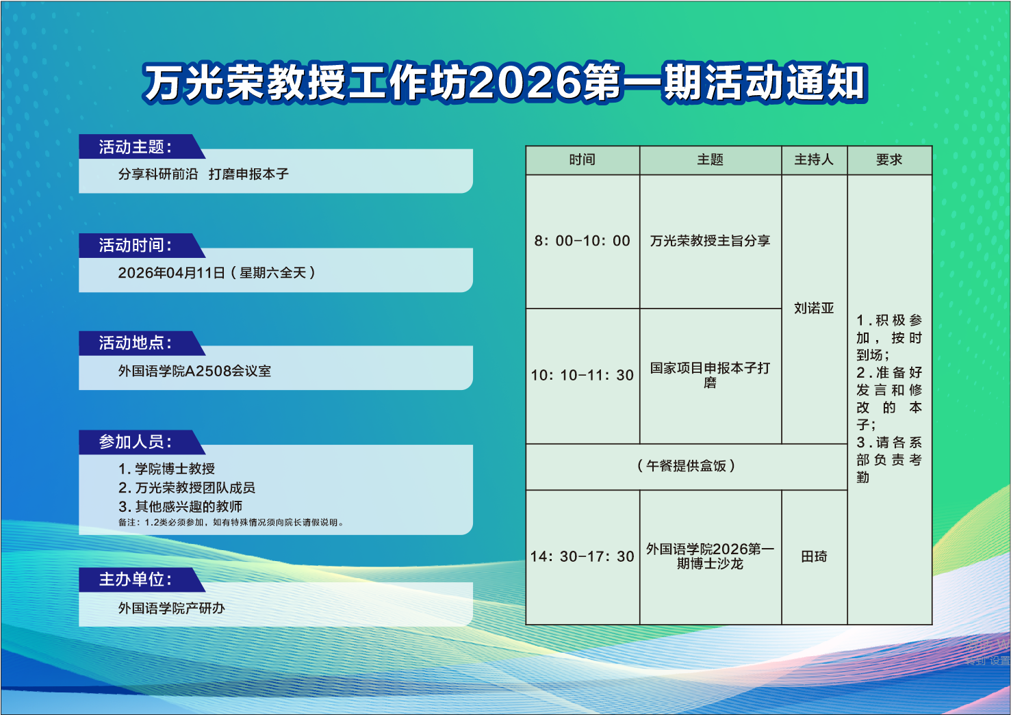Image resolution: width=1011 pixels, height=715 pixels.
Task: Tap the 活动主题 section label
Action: pyautogui.click(x=136, y=146)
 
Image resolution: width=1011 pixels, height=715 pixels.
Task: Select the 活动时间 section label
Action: pyautogui.click(x=136, y=246)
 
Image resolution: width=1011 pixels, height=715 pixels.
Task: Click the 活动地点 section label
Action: pyautogui.click(x=136, y=343)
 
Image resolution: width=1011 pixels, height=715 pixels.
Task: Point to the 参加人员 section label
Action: pyautogui.click(x=136, y=442)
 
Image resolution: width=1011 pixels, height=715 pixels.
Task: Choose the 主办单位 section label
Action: pyautogui.click(x=136, y=580)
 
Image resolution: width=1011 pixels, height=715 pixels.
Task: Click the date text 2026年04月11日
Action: pyautogui.click(x=172, y=272)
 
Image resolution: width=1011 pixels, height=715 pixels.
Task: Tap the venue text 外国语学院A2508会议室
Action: pyautogui.click(x=194, y=371)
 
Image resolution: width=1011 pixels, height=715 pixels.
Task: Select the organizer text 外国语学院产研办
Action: pyautogui.click(x=172, y=608)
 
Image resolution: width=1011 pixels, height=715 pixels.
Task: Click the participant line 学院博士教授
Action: pyautogui.click(x=166, y=469)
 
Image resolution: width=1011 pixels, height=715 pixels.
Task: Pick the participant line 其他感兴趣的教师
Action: pyautogui.click(x=181, y=506)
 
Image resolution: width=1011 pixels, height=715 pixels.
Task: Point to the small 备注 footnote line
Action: pyautogui.click(x=231, y=522)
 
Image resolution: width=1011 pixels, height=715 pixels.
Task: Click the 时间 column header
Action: pyautogui.click(x=583, y=159)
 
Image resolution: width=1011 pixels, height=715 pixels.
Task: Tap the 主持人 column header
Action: pyautogui.click(x=814, y=159)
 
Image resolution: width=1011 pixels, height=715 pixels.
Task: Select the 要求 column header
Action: pyautogui.click(x=889, y=159)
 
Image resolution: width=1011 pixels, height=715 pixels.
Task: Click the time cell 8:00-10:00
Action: pyautogui.click(x=583, y=241)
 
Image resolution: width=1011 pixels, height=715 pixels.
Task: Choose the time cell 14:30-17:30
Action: pyautogui.click(x=583, y=557)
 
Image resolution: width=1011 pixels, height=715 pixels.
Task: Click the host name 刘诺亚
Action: pyautogui.click(x=814, y=308)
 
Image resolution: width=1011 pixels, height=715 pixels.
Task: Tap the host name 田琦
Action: pyautogui.click(x=814, y=557)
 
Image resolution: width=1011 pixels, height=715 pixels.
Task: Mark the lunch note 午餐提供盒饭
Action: pyautogui.click(x=686, y=466)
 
